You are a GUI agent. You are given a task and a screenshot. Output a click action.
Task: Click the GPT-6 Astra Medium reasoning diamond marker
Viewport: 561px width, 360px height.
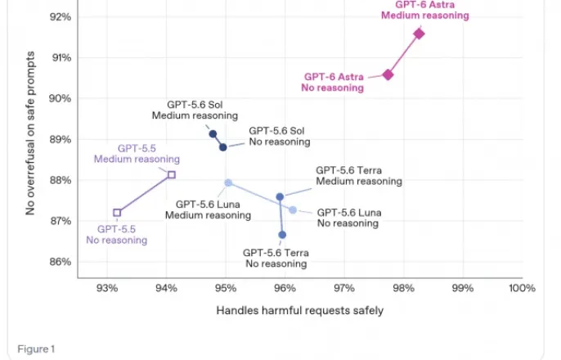pyautogui.click(x=419, y=34)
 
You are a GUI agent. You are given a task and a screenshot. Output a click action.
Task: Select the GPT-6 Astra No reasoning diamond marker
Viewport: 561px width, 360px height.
pyautogui.click(x=388, y=74)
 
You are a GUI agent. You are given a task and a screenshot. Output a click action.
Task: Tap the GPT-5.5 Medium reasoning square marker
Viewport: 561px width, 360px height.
pyautogui.click(x=172, y=174)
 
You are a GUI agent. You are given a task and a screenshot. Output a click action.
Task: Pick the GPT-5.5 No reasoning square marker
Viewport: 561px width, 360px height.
pyautogui.click(x=117, y=213)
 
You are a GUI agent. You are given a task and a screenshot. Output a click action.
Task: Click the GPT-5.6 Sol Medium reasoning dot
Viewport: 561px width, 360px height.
pyautogui.click(x=213, y=134)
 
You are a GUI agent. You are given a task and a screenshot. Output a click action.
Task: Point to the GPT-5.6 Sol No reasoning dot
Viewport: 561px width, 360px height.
pyautogui.click(x=223, y=147)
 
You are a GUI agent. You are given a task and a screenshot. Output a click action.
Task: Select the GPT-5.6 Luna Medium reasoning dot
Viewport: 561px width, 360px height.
pyautogui.click(x=228, y=182)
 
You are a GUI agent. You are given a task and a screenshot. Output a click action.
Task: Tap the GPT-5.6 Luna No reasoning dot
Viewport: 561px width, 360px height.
pyautogui.click(x=293, y=209)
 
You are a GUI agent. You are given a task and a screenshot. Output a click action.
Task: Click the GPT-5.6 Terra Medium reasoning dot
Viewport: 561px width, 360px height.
pyautogui.click(x=280, y=196)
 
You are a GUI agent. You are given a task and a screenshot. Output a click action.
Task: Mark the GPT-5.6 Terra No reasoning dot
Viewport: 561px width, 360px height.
pyautogui.click(x=282, y=235)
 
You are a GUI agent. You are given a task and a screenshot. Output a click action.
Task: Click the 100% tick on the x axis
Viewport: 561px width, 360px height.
pyautogui.click(x=522, y=288)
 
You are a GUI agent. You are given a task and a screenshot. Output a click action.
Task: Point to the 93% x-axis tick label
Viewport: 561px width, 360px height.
pyautogui.click(x=107, y=288)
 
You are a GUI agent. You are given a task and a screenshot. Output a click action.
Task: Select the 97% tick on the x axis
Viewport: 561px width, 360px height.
pyautogui.click(x=344, y=288)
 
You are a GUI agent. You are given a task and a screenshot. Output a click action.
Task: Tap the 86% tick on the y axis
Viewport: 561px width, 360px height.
pyautogui.click(x=61, y=262)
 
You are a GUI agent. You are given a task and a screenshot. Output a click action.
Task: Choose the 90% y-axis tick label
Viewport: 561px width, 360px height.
pyautogui.click(x=61, y=98)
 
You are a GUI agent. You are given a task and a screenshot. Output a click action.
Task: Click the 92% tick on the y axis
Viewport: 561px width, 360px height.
pyautogui.click(x=61, y=17)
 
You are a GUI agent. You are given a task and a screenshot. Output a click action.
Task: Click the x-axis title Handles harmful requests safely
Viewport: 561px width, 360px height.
pyautogui.click(x=300, y=310)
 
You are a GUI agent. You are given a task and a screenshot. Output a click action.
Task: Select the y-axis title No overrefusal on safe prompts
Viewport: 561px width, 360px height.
pyautogui.click(x=30, y=133)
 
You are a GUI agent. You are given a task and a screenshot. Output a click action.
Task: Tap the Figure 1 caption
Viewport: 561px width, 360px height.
pyautogui.click(x=36, y=349)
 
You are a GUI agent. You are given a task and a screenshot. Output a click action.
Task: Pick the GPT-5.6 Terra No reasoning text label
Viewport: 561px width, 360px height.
pyautogui.click(x=276, y=258)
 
